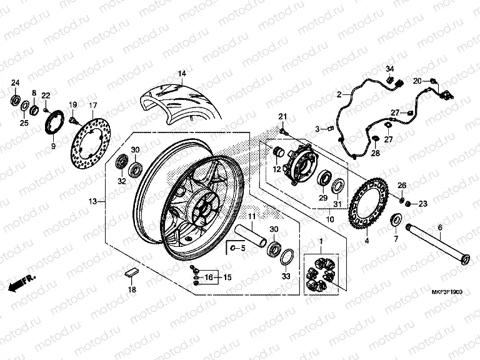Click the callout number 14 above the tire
pos(181,74)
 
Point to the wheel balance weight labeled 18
pos(131,272)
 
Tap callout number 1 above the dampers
pos(321,241)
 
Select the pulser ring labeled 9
pos(56,121)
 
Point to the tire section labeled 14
pos(181,104)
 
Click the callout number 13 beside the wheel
pos(92,202)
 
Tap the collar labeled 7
pos(395,219)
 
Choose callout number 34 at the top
pos(388,67)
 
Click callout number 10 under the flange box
pos(330,219)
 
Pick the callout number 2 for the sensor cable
pos(339,94)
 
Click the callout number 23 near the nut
pos(422,203)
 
